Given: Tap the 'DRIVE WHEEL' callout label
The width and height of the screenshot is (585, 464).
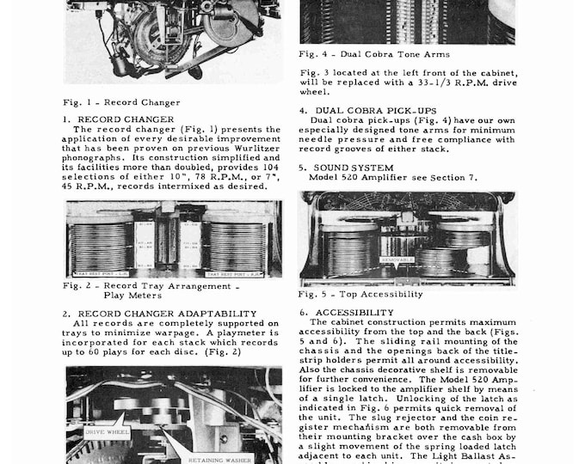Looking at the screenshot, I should point(108,431).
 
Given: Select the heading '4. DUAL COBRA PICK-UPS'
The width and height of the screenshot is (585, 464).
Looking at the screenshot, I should point(369,111).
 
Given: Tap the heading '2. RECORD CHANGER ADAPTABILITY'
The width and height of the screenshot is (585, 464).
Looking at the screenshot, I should point(159,313).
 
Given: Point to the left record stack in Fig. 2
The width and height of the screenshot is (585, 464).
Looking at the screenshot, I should point(102,246).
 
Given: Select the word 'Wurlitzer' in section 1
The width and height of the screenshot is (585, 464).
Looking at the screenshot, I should point(256,149).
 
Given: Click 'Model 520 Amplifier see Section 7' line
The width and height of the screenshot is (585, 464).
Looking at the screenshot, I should point(385,178).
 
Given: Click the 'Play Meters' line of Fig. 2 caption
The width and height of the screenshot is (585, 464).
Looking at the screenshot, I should point(130,295).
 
